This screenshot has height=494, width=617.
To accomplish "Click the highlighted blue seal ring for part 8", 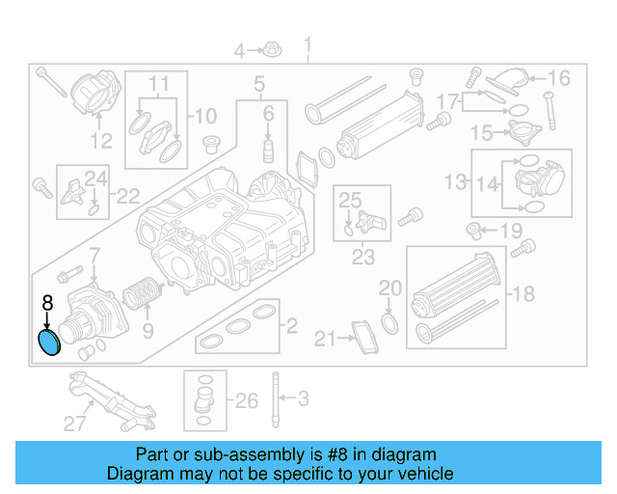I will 47,343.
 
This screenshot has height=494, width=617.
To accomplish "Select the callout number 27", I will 75,422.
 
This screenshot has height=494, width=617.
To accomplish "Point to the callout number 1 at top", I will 308,45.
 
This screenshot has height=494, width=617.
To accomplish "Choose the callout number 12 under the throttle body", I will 101,142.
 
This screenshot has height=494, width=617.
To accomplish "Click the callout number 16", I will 559,78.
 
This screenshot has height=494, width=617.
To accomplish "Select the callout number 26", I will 247,400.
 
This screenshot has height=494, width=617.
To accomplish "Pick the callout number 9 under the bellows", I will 148,331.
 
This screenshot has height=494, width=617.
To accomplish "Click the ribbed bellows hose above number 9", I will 143,292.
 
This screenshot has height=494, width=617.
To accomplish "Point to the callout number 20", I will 389,288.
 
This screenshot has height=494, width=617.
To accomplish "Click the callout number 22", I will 127,197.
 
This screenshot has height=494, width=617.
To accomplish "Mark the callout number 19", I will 511,231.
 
